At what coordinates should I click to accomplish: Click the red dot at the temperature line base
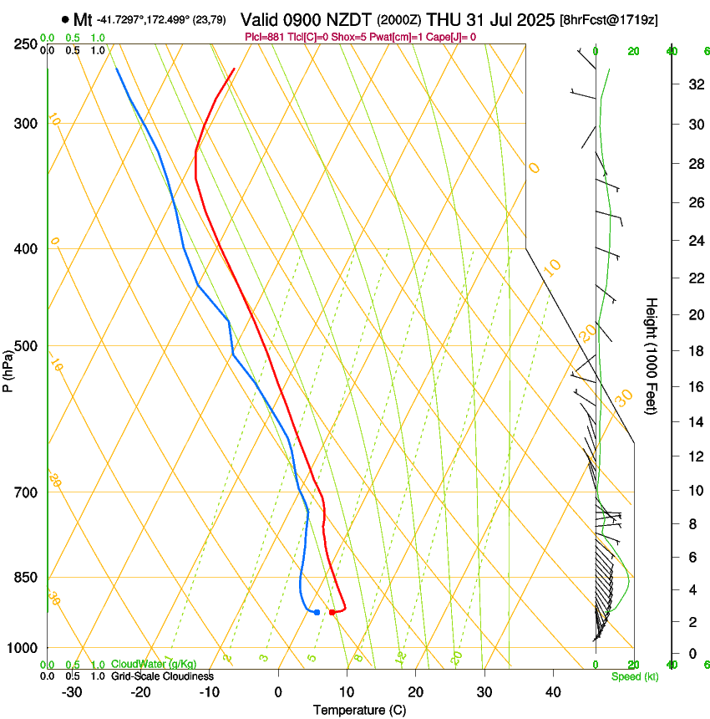pos(332,613)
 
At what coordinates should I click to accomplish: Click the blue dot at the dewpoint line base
pos(317,613)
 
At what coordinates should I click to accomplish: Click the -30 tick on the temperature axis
pos(71,692)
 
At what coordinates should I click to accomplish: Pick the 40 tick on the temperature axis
pos(553,692)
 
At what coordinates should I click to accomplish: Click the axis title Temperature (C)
pos(359,711)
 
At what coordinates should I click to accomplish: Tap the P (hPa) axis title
pos(8,368)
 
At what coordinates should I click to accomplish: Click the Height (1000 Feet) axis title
pos(652,355)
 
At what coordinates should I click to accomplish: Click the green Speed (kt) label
pos(635,676)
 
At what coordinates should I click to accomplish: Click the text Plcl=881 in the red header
pos(265,37)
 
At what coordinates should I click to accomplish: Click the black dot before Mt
pos(65,18)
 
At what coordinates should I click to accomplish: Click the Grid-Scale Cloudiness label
pos(162,676)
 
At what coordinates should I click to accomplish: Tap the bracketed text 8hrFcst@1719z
pos(608,19)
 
